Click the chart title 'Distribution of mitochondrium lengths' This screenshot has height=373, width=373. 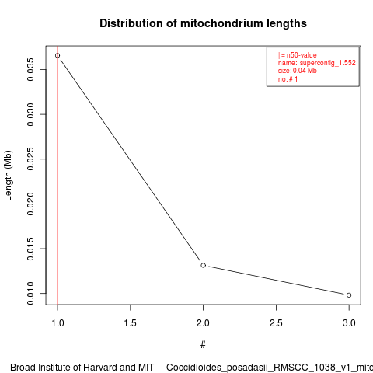[x=203, y=23]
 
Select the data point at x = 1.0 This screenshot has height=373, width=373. [x=58, y=55]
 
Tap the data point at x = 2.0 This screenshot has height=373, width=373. [x=204, y=265]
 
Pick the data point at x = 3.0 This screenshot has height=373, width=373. [x=349, y=295]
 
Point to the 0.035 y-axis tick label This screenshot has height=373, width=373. [x=30, y=69]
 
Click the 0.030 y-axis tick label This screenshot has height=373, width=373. [x=30, y=114]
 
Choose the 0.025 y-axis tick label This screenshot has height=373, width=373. [x=30, y=159]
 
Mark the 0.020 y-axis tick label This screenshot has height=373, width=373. [x=30, y=204]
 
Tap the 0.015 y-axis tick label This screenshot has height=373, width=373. [x=30, y=249]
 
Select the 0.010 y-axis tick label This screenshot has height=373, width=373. [x=30, y=294]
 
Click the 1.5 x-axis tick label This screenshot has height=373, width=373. [x=131, y=323]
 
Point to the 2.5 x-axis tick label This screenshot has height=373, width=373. [x=276, y=323]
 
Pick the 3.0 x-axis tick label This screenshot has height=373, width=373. [x=349, y=323]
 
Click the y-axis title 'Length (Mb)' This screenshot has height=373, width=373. [x=8, y=176]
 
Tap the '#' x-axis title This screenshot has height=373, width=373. [x=203, y=345]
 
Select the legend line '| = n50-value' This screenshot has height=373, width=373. [x=298, y=55]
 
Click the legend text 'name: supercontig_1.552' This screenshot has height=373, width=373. [x=317, y=63]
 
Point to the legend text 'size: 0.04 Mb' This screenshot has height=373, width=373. [x=298, y=71]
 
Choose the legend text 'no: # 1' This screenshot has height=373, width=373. [x=288, y=79]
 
